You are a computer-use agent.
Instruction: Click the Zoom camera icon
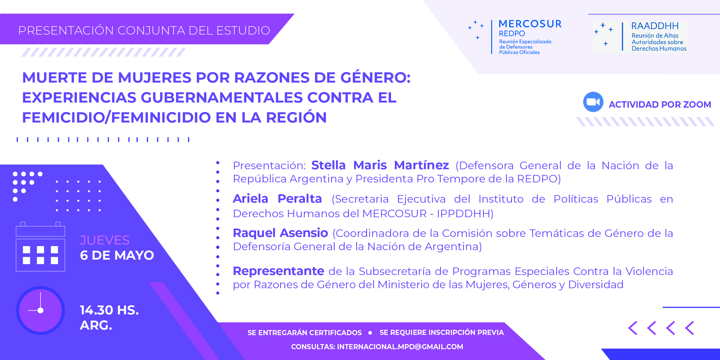593,102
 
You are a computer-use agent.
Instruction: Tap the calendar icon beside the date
40,247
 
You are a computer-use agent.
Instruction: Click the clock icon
40,310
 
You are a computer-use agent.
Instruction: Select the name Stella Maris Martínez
380,165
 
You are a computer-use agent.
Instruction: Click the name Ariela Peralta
277,199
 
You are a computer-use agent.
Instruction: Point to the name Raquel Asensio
280,233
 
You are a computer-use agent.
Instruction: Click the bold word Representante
279,271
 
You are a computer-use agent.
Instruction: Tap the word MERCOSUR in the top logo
530,24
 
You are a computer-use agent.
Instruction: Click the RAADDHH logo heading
655,26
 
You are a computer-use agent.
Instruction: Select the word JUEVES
105,240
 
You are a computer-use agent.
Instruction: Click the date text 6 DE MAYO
117,255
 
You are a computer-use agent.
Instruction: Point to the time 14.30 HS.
109,310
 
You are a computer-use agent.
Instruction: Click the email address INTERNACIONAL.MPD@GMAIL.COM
400,347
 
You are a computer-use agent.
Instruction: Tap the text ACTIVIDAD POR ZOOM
660,104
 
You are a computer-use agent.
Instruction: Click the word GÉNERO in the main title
375,77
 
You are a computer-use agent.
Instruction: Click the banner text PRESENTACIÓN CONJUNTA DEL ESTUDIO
144,30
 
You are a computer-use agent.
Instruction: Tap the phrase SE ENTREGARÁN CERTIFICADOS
305,332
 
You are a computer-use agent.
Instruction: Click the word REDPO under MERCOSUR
512,33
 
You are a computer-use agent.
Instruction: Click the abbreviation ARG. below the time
96,325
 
